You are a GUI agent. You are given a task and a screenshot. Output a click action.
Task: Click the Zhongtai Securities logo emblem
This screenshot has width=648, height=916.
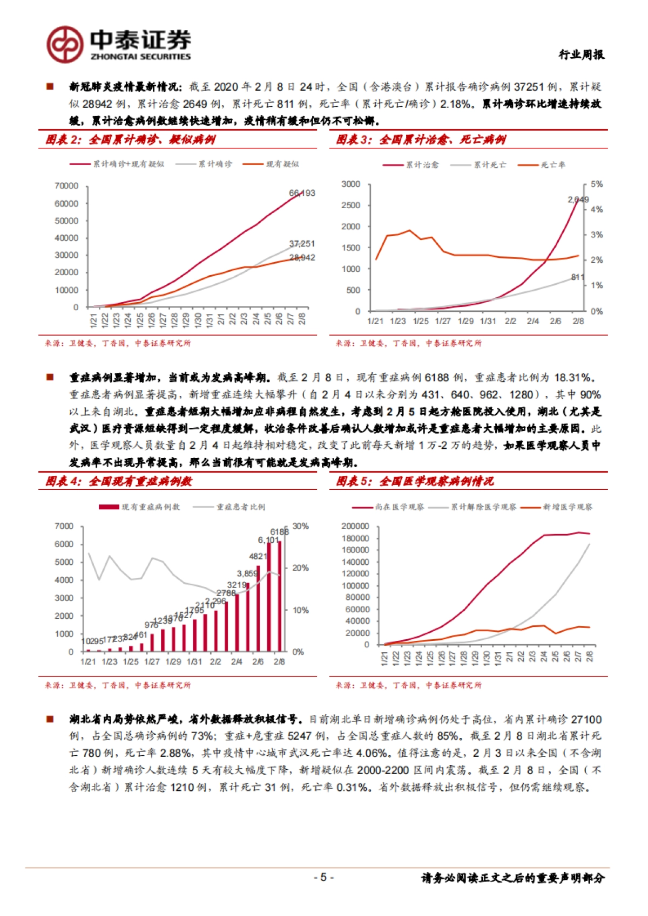pos(64,44)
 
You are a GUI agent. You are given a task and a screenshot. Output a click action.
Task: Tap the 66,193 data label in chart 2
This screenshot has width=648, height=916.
pos(302,193)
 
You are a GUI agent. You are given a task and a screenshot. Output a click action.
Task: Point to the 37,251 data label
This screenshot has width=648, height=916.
pos(302,244)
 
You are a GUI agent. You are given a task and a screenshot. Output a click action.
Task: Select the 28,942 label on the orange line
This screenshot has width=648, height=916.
pos(302,258)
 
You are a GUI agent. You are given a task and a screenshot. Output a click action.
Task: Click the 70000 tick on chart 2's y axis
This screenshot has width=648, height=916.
pos(66,186)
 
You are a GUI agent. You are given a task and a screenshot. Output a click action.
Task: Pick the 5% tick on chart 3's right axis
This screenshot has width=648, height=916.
pos(596,184)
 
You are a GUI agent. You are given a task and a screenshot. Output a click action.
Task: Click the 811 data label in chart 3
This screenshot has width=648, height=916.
pos(578,277)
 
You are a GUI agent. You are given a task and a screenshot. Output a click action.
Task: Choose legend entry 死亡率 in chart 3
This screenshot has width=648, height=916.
pos(552,165)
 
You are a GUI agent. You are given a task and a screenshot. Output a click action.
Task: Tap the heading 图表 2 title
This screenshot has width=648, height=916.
pos(130,140)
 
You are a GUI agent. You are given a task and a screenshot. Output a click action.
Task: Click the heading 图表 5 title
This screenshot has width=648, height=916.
pos(415,481)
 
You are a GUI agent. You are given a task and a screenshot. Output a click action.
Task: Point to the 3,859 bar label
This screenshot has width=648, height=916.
pos(247,573)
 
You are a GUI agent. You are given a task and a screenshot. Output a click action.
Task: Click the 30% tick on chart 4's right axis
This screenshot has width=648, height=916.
pos(301,527)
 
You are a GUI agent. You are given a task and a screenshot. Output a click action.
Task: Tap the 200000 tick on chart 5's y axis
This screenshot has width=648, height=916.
pos(355,527)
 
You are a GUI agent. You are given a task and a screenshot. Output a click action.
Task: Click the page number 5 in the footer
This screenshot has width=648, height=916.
pos(323,877)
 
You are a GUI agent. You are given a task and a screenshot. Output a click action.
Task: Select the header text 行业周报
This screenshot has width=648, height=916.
pos(581,54)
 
